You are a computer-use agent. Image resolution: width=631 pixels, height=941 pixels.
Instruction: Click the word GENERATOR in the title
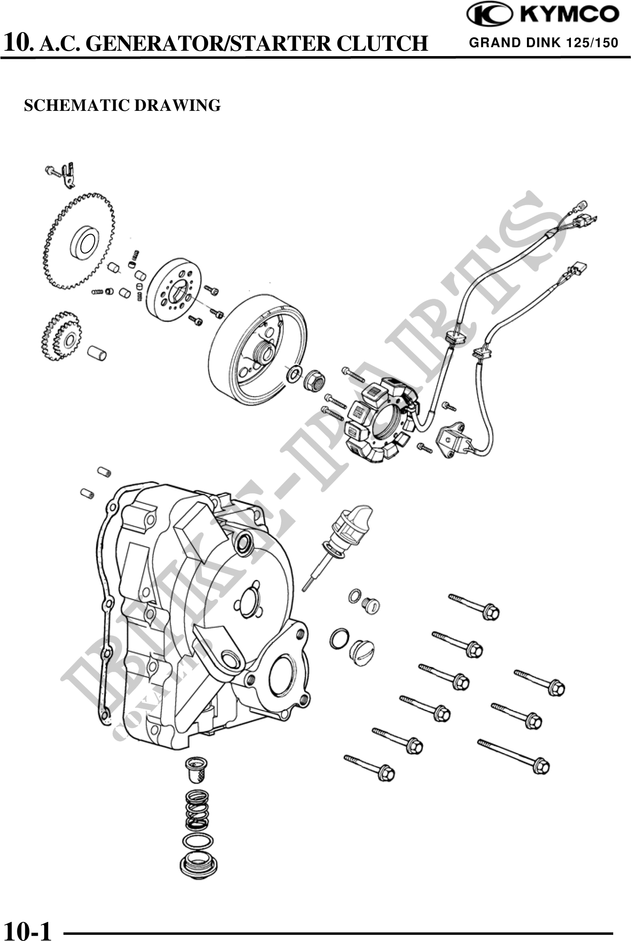(x=149, y=44)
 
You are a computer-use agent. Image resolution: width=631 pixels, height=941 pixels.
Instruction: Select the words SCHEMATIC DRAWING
(x=122, y=105)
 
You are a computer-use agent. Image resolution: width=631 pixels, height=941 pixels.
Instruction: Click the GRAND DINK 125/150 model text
(x=543, y=43)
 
